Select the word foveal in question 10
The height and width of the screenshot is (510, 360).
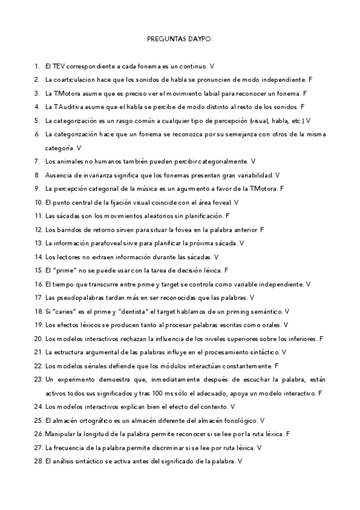tap(221, 203)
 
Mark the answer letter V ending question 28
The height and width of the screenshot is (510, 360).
tap(240, 461)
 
